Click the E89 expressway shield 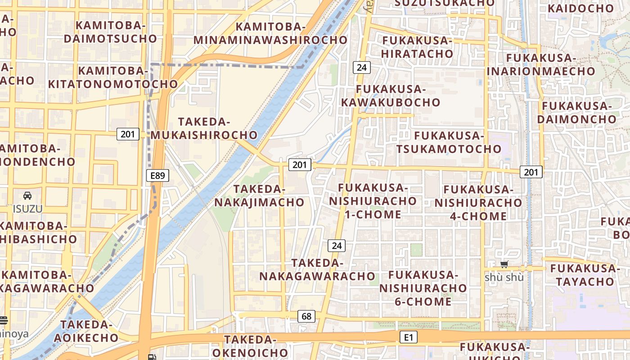(157, 175)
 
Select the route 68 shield (306, 316)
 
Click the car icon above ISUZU (27, 196)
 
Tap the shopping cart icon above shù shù (504, 265)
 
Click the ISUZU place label (27, 209)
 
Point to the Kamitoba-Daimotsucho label (110, 32)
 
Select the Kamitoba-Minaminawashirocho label (270, 33)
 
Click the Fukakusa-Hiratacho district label (417, 47)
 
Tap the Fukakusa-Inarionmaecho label (541, 64)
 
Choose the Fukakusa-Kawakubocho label (391, 95)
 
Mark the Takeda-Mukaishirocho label (204, 128)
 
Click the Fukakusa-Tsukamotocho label (449, 142)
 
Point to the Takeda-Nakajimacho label (259, 196)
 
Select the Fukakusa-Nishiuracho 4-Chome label (478, 202)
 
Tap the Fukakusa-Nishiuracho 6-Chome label (423, 288)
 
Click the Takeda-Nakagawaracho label (317, 269)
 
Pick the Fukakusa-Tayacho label (585, 275)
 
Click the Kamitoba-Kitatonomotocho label (113, 77)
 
